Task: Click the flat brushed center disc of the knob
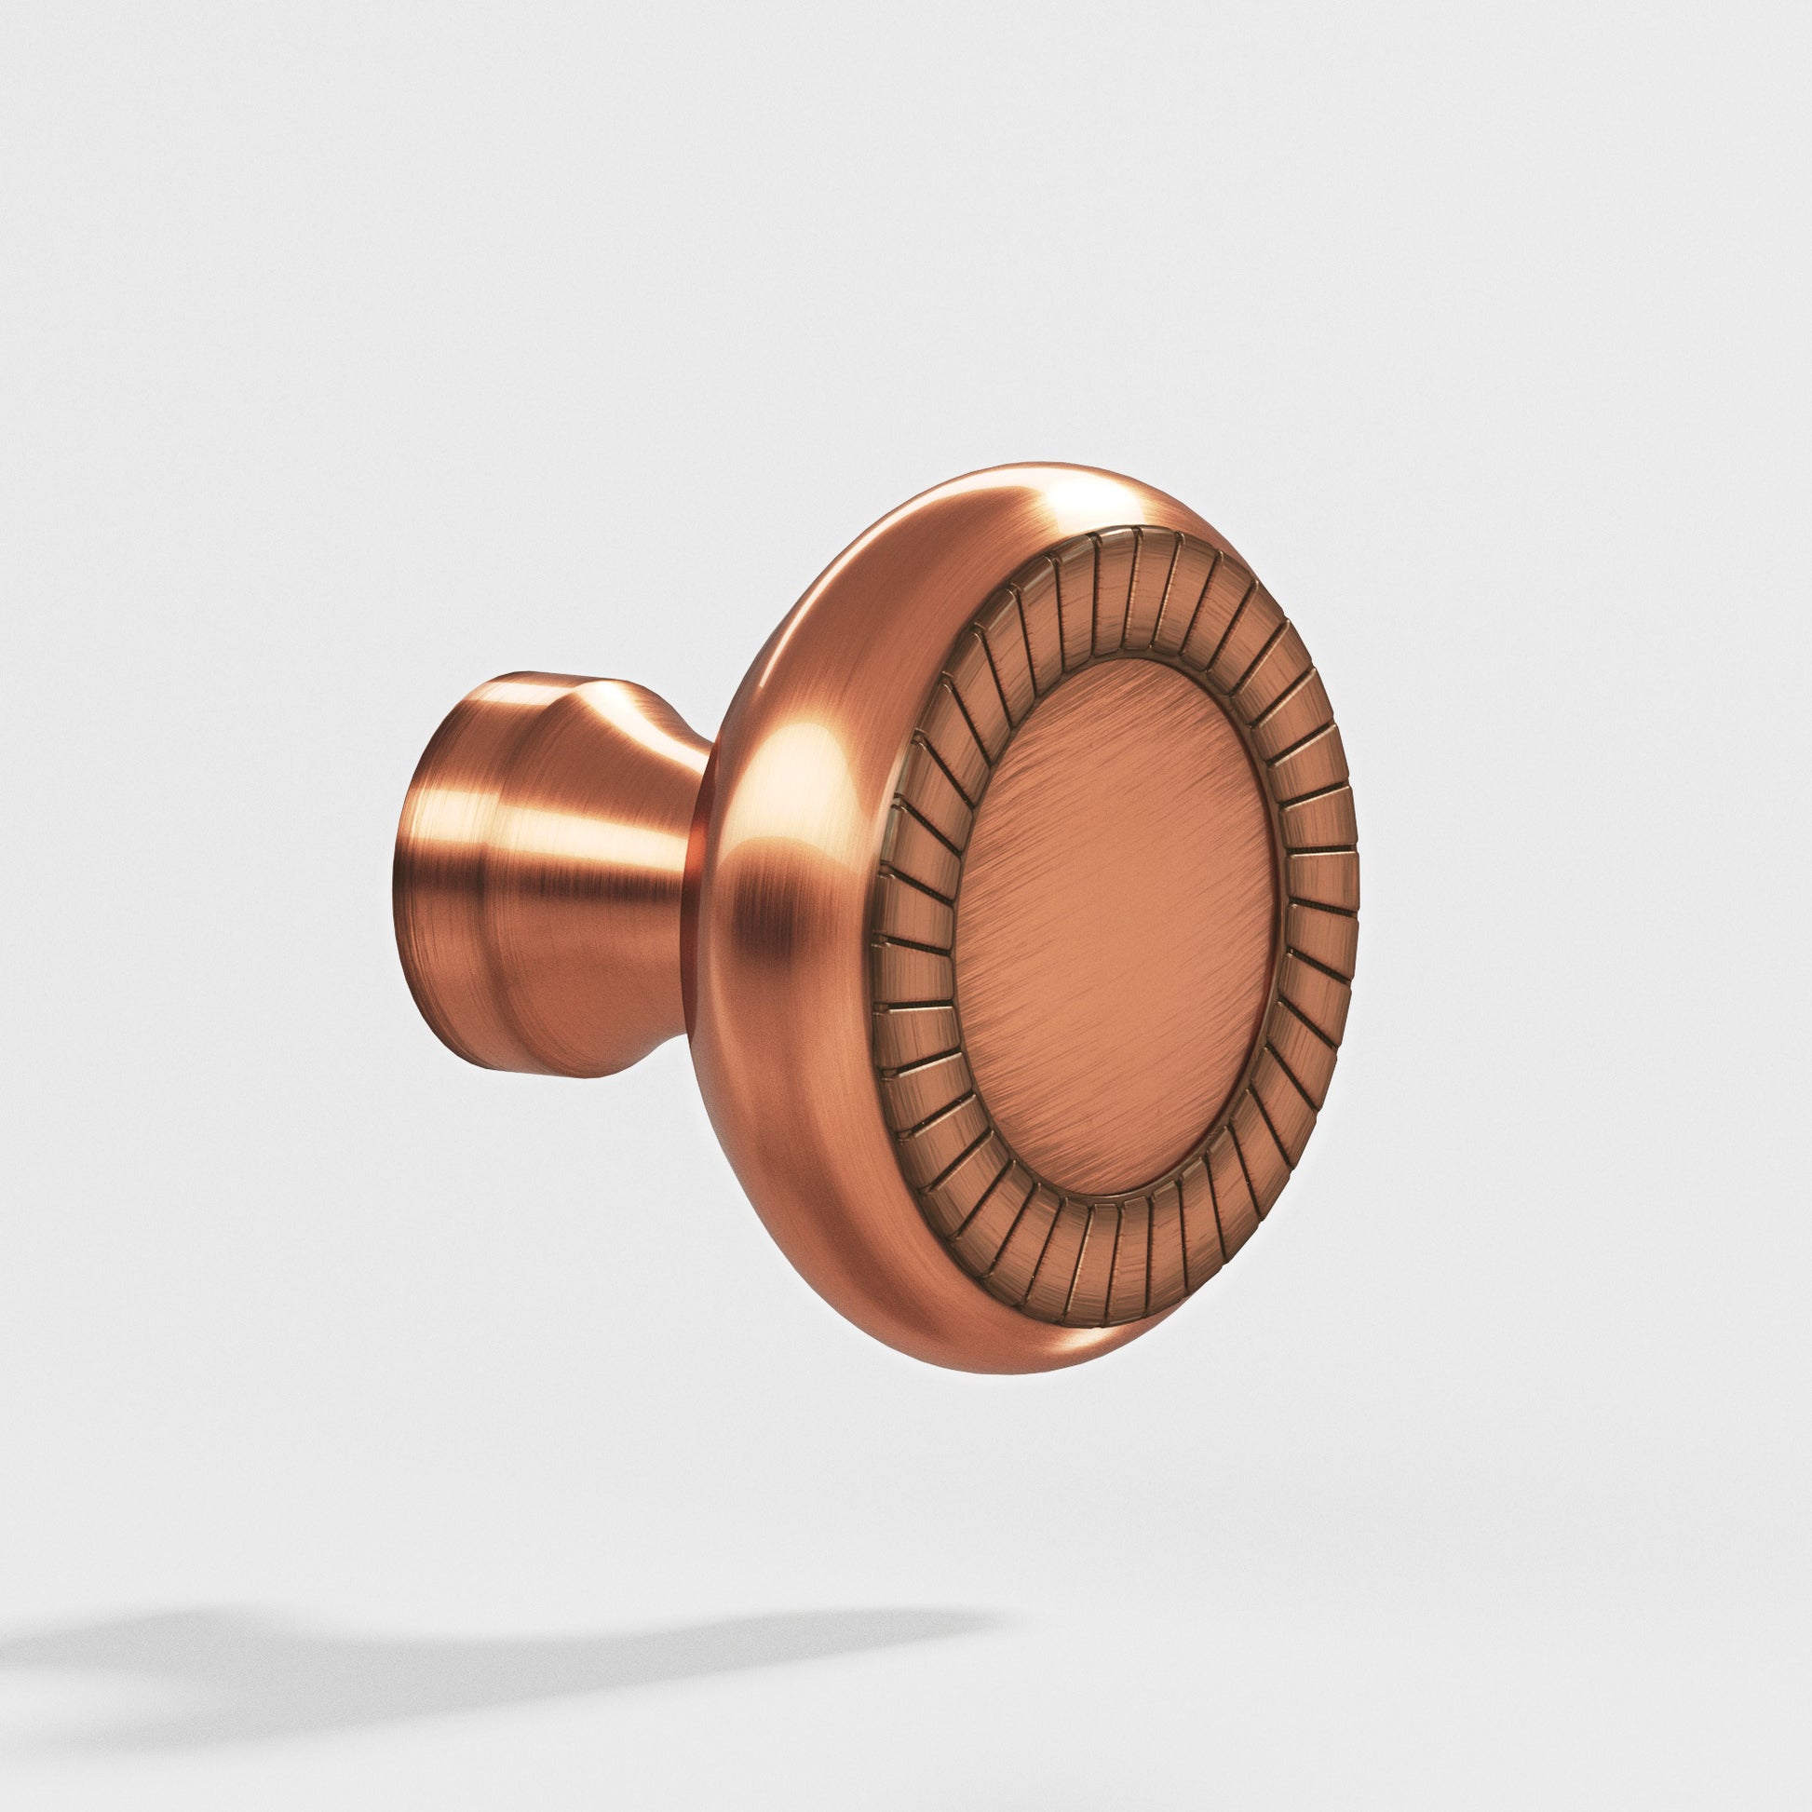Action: (x=1116, y=928)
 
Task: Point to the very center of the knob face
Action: (x=1116, y=928)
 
